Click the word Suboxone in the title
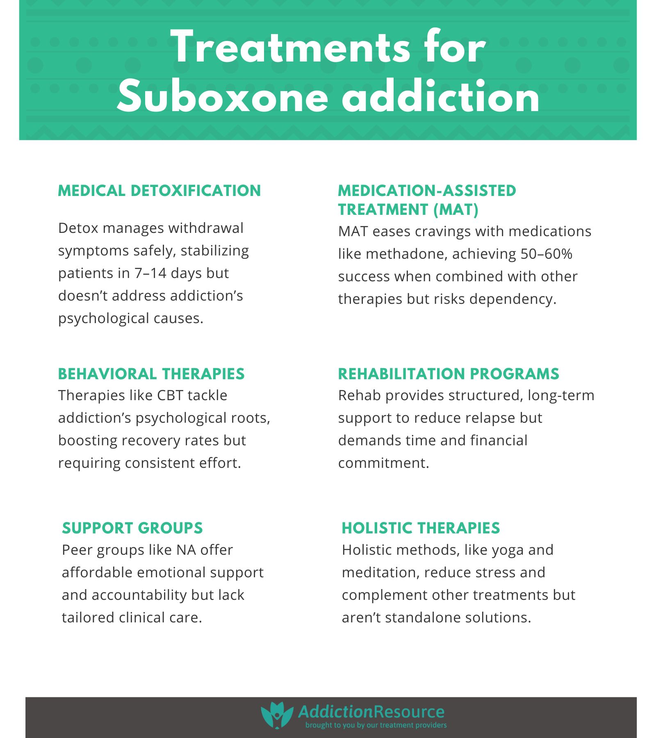click(223, 98)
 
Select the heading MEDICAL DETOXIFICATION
click(159, 191)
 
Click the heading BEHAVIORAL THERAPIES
click(151, 374)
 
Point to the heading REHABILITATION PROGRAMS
click(449, 374)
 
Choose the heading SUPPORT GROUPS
click(132, 528)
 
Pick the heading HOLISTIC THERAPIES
click(421, 528)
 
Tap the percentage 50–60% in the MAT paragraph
click(546, 254)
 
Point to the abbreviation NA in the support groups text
click(186, 550)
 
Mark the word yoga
click(508, 550)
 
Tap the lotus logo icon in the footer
click(277, 715)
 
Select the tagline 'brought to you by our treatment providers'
click(376, 725)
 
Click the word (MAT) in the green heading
click(456, 210)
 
